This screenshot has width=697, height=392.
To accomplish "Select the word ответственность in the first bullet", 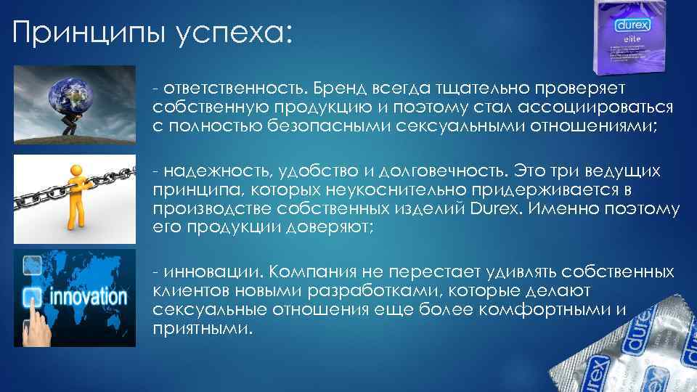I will tap(232, 87).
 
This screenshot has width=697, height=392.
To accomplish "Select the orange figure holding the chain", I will tap(74, 192).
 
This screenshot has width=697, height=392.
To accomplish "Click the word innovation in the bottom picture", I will tap(86, 298).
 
